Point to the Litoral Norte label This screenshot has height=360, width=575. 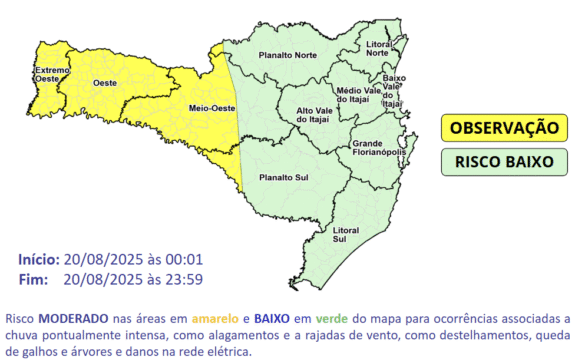pos(378,48)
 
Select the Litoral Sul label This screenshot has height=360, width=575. pos(345,234)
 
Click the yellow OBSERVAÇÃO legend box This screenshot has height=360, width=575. pos(503,128)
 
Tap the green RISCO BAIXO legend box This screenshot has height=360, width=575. pos(503,160)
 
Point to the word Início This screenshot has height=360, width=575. pos(37,259)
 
